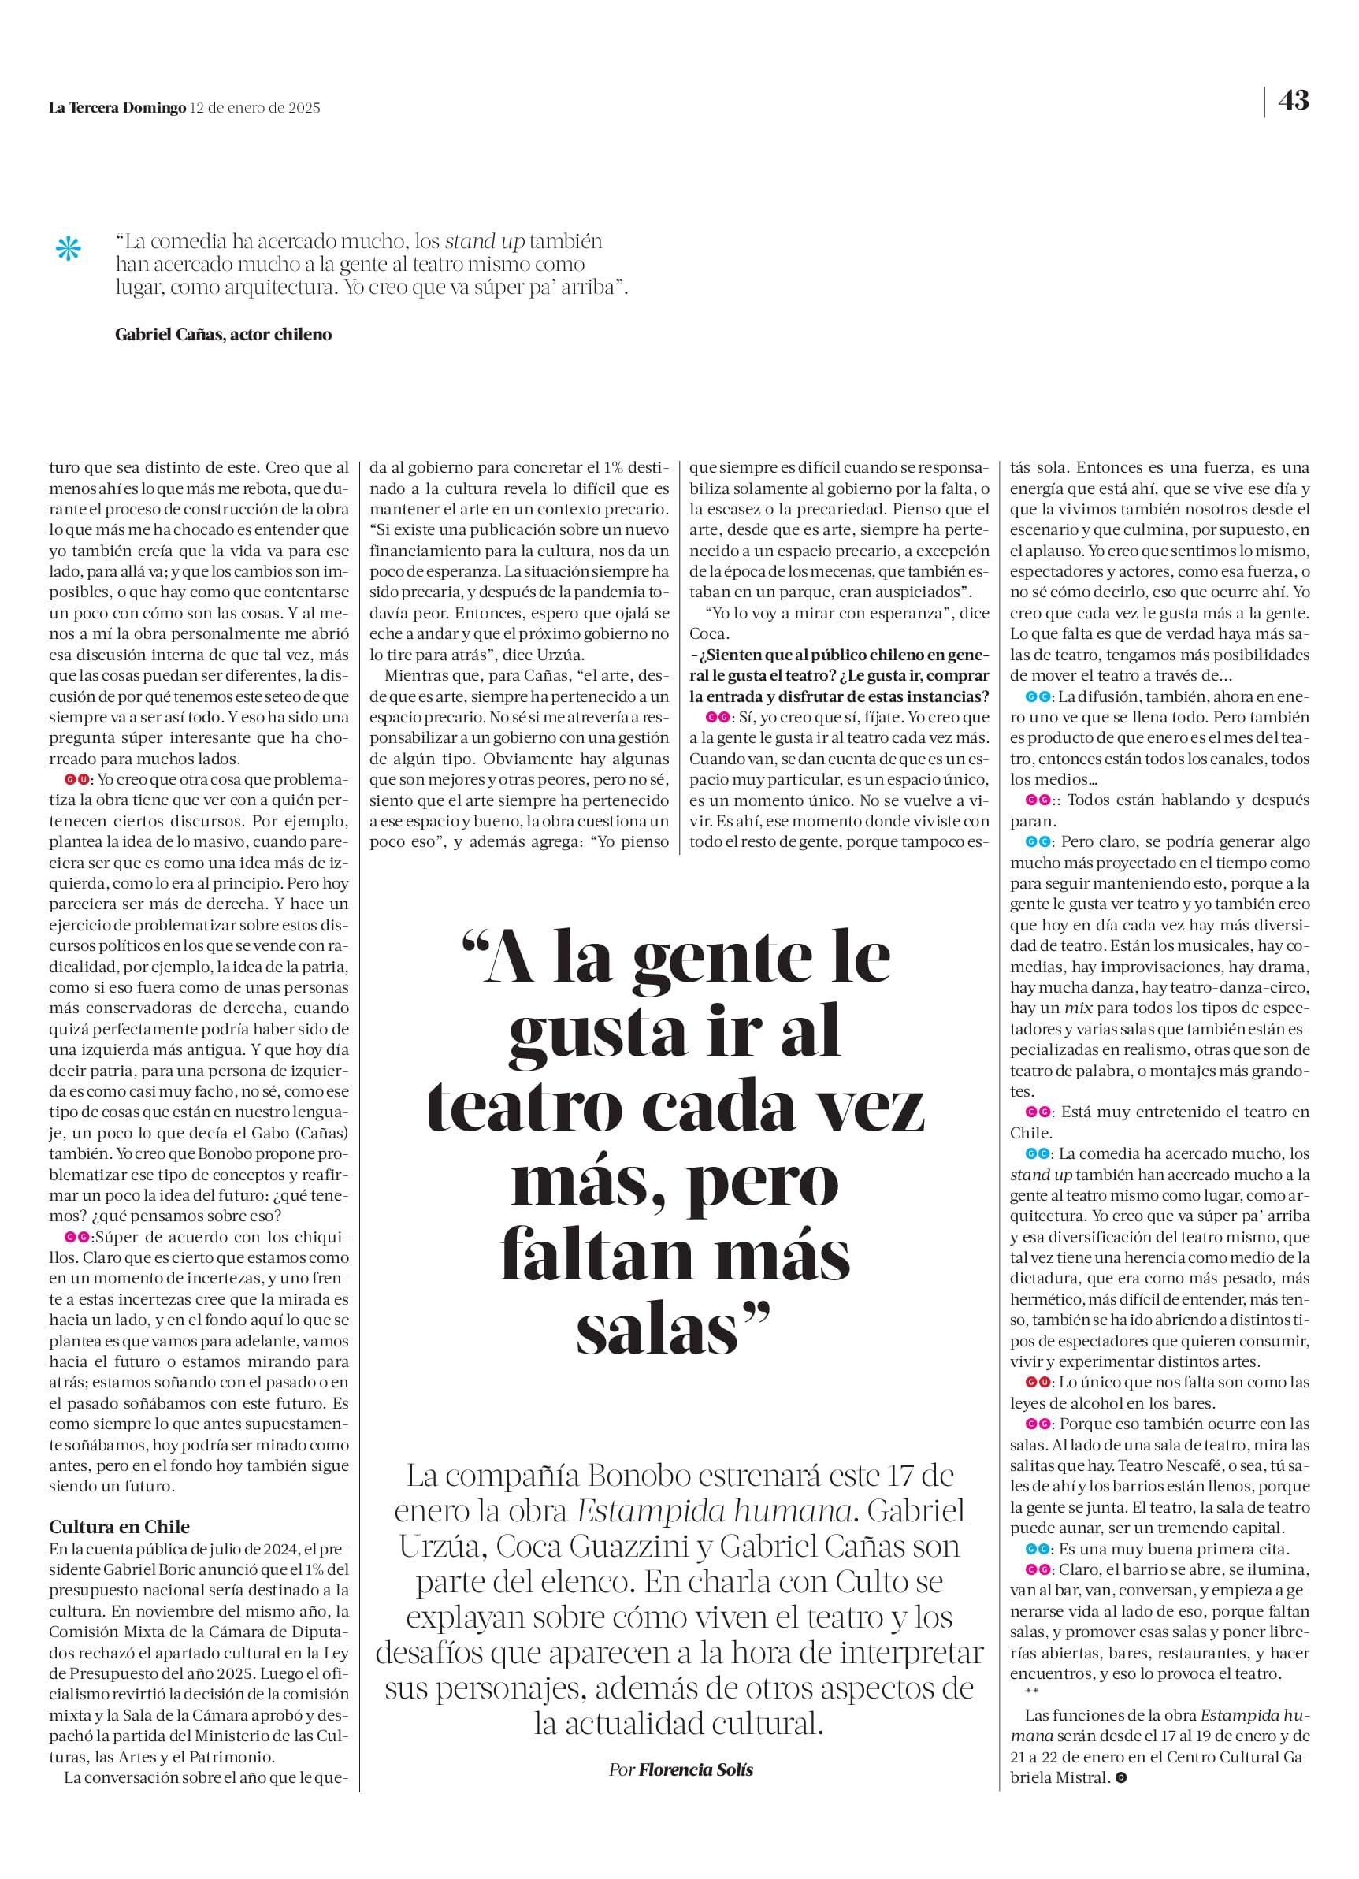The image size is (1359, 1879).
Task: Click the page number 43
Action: click(x=1293, y=100)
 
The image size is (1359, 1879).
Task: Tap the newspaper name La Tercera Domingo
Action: click(x=117, y=108)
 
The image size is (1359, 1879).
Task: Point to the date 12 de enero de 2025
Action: click(x=255, y=108)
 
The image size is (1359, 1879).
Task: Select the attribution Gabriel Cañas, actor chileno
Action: click(x=223, y=335)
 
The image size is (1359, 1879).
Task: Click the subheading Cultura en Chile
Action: click(x=119, y=1526)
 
